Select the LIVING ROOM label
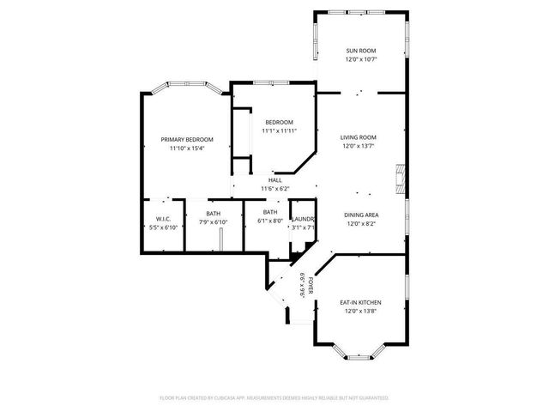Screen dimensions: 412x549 point(359,136)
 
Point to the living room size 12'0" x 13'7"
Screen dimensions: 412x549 point(360,146)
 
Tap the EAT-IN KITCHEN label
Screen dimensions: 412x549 point(360,302)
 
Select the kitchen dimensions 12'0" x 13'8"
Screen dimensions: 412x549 point(360,312)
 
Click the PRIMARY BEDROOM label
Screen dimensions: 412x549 point(187,139)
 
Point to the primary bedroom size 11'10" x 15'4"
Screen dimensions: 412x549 point(187,148)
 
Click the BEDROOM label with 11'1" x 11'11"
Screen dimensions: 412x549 point(279,122)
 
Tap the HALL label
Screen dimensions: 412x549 point(275,179)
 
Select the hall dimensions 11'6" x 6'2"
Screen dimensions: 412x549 point(275,188)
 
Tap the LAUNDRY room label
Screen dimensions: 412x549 point(304,219)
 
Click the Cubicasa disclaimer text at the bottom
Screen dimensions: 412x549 point(274,398)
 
